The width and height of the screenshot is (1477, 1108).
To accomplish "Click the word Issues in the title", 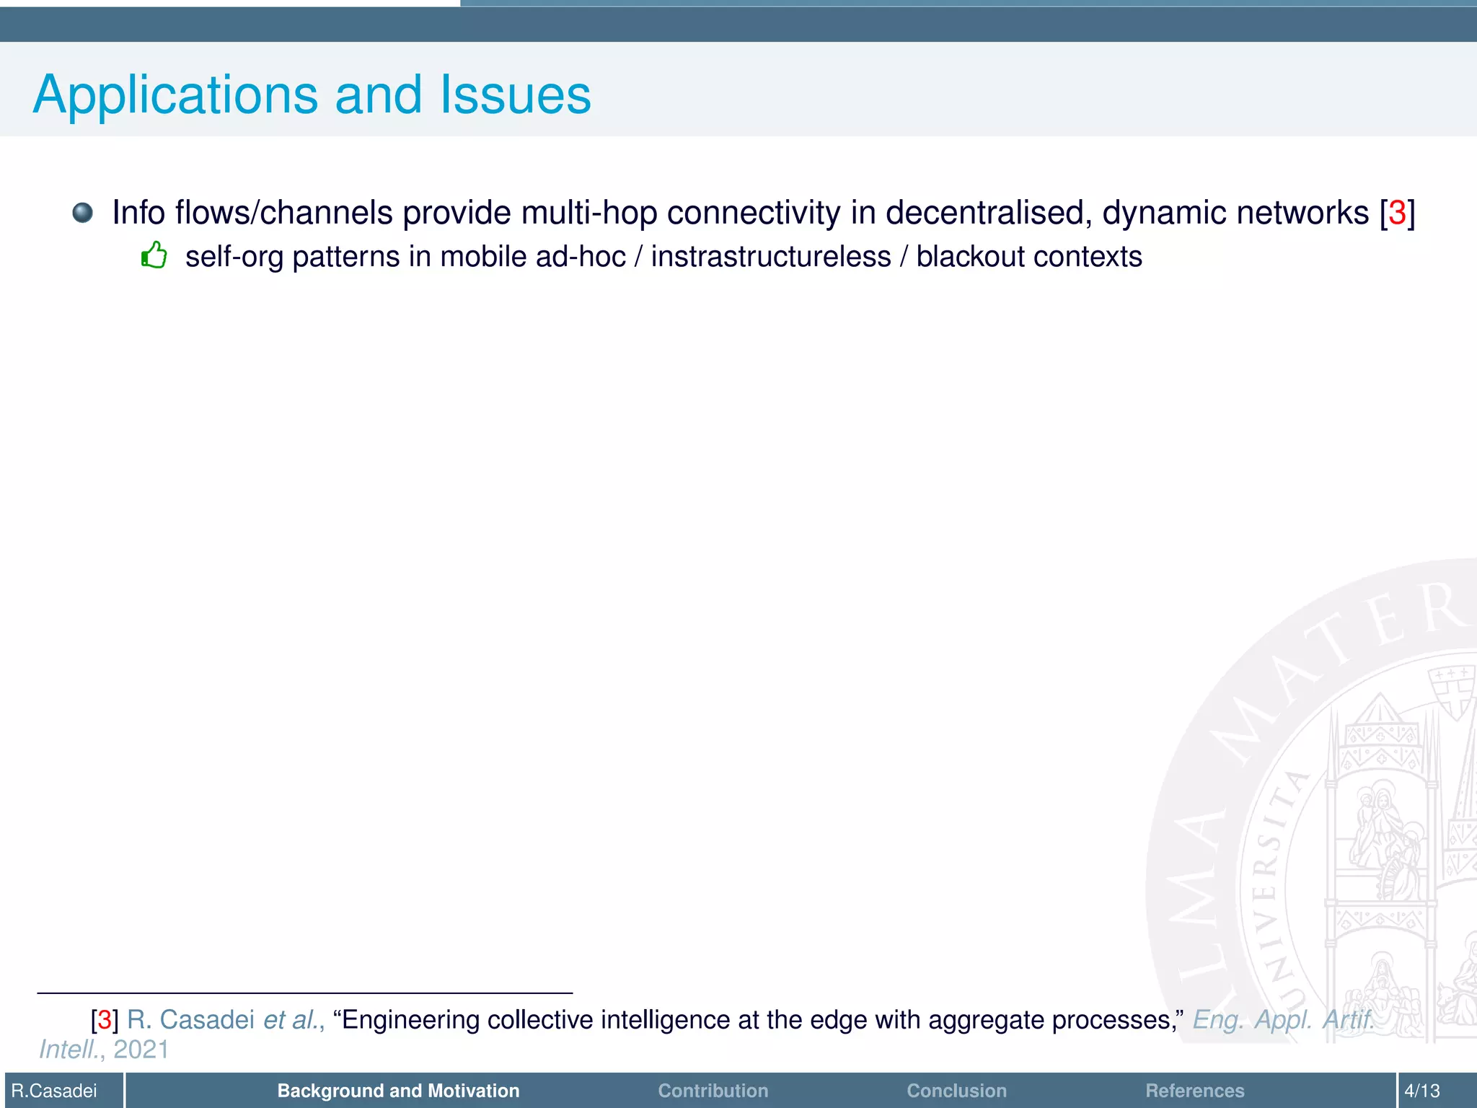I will [x=516, y=95].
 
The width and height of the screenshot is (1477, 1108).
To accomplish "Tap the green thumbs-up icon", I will [x=154, y=255].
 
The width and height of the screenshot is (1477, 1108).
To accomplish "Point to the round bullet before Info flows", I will [x=83, y=212].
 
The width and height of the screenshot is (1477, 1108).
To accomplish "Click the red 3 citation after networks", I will [x=1397, y=213].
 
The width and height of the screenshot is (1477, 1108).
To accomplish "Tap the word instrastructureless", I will [x=771, y=257].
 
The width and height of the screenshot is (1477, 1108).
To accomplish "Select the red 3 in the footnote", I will [x=105, y=1019].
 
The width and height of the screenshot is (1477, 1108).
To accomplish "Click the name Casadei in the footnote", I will [x=207, y=1019].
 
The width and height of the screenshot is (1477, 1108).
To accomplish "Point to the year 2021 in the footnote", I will [x=141, y=1050].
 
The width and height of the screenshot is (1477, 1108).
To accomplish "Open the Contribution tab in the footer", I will [x=713, y=1091].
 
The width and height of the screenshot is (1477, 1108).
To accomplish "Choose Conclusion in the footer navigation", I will [x=956, y=1091].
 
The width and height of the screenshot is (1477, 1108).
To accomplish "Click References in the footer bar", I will [x=1194, y=1091].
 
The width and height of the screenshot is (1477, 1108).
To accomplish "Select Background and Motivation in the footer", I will [x=398, y=1091].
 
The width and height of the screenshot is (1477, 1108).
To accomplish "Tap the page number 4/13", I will [x=1421, y=1091].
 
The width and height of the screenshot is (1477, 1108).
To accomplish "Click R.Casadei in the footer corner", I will [x=55, y=1091].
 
